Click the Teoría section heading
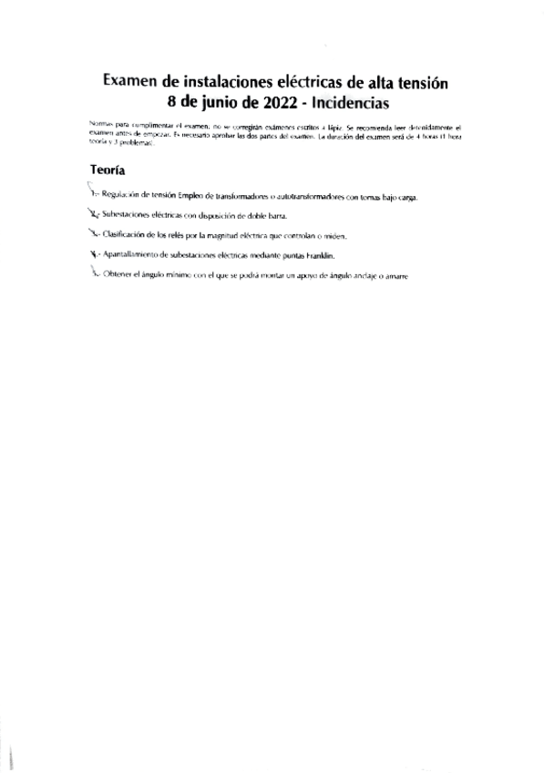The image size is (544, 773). click(x=108, y=170)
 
